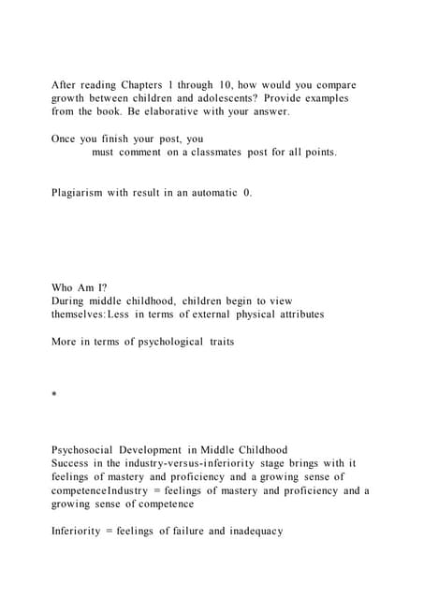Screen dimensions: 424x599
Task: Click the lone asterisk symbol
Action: tap(54, 397)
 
